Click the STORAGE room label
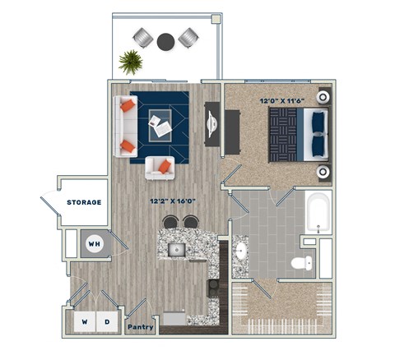click(84, 202)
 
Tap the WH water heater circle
click(95, 244)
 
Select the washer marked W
click(83, 321)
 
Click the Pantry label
click(141, 326)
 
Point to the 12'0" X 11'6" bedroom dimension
click(279, 102)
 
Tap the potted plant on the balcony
click(130, 62)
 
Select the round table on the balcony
click(166, 39)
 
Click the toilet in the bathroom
click(302, 263)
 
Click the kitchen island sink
click(176, 249)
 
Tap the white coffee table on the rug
click(160, 126)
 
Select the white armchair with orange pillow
click(160, 167)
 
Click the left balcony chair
click(143, 37)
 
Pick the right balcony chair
click(189, 37)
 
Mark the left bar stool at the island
click(170, 222)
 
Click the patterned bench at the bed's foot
click(284, 136)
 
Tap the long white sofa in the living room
click(126, 127)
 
